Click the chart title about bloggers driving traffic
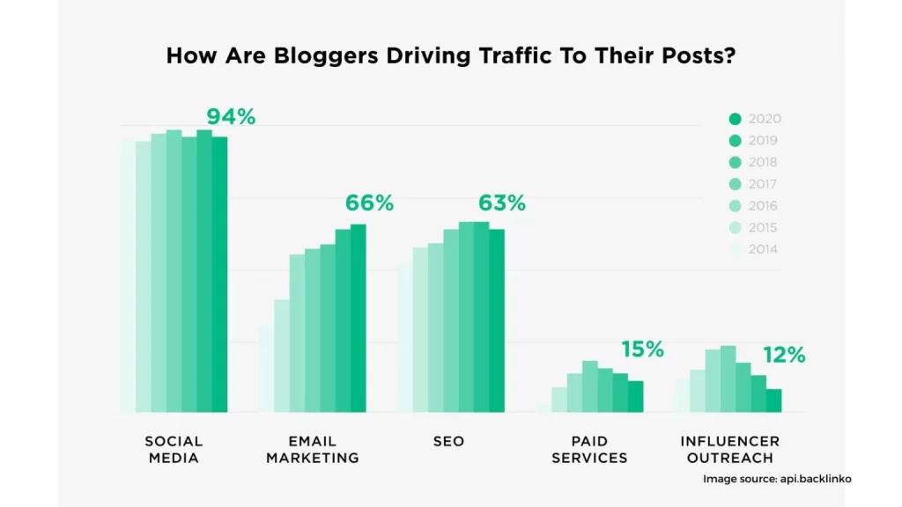[x=451, y=55]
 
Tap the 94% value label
[x=231, y=116]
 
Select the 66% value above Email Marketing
[x=369, y=203]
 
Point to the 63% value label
[x=502, y=203]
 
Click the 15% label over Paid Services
[x=642, y=349]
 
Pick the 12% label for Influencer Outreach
[x=784, y=355]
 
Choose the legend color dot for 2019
[x=736, y=141]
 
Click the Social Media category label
[x=174, y=449]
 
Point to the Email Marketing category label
[x=313, y=449]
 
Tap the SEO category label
[x=448, y=441]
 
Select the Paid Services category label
[x=588, y=449]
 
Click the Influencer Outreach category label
[x=729, y=449]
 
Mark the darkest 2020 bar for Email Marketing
[x=358, y=318]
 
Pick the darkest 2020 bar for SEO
[x=497, y=320]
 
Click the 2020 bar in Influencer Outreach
[x=773, y=400]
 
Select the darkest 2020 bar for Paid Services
[x=635, y=396]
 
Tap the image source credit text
[x=777, y=479]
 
